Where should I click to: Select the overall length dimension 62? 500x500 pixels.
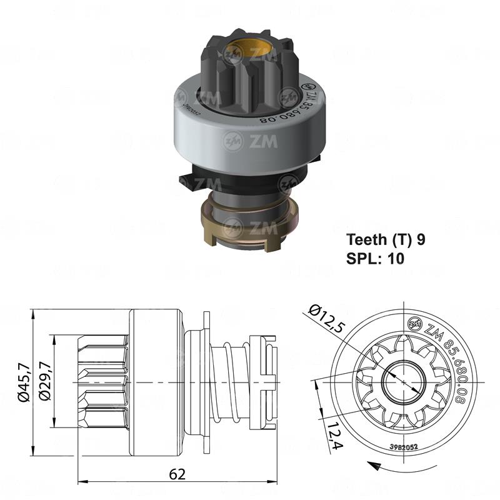(177, 474)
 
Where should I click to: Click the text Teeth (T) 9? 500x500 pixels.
(386, 240)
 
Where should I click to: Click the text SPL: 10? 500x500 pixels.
(375, 257)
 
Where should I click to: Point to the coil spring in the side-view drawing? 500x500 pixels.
(225, 382)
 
